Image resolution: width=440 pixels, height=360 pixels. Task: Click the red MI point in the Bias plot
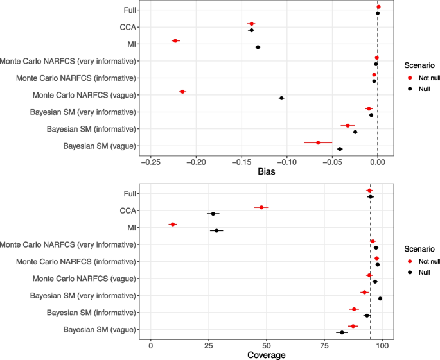point(175,40)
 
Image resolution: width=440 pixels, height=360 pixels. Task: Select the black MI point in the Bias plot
point(258,47)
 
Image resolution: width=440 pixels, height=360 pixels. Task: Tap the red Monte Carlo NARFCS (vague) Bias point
point(182,92)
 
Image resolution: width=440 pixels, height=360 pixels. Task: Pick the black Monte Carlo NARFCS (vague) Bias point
point(281,98)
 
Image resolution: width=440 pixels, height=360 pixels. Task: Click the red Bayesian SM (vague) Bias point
point(318,142)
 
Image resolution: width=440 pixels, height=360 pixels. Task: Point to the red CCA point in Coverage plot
point(261,207)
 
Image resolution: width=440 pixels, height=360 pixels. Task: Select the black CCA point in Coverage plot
point(213,214)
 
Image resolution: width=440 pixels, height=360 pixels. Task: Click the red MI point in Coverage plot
point(173,225)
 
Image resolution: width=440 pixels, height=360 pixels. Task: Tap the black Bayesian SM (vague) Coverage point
point(342,332)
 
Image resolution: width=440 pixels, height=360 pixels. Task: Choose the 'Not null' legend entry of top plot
point(429,78)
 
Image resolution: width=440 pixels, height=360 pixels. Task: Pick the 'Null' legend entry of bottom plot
point(425,272)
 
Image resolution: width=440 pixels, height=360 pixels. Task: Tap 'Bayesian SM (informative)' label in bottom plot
point(92,313)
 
